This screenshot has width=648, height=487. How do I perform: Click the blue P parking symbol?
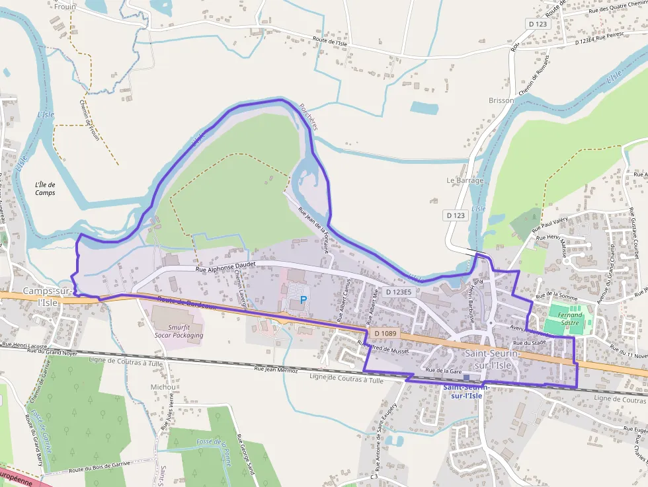point(304,299)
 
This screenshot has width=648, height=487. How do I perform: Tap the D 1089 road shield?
point(383,334)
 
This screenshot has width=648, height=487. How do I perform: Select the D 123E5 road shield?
point(398,291)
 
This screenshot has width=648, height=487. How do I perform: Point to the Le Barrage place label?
point(465,180)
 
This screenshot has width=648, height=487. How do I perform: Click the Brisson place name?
point(501,100)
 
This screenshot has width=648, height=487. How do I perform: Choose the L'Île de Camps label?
point(45,188)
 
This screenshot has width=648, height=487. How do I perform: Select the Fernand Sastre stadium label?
point(570,319)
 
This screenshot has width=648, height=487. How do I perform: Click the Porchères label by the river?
point(308,116)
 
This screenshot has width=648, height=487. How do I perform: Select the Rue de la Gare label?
point(443,371)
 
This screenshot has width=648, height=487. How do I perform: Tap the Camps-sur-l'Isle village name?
point(48,297)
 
